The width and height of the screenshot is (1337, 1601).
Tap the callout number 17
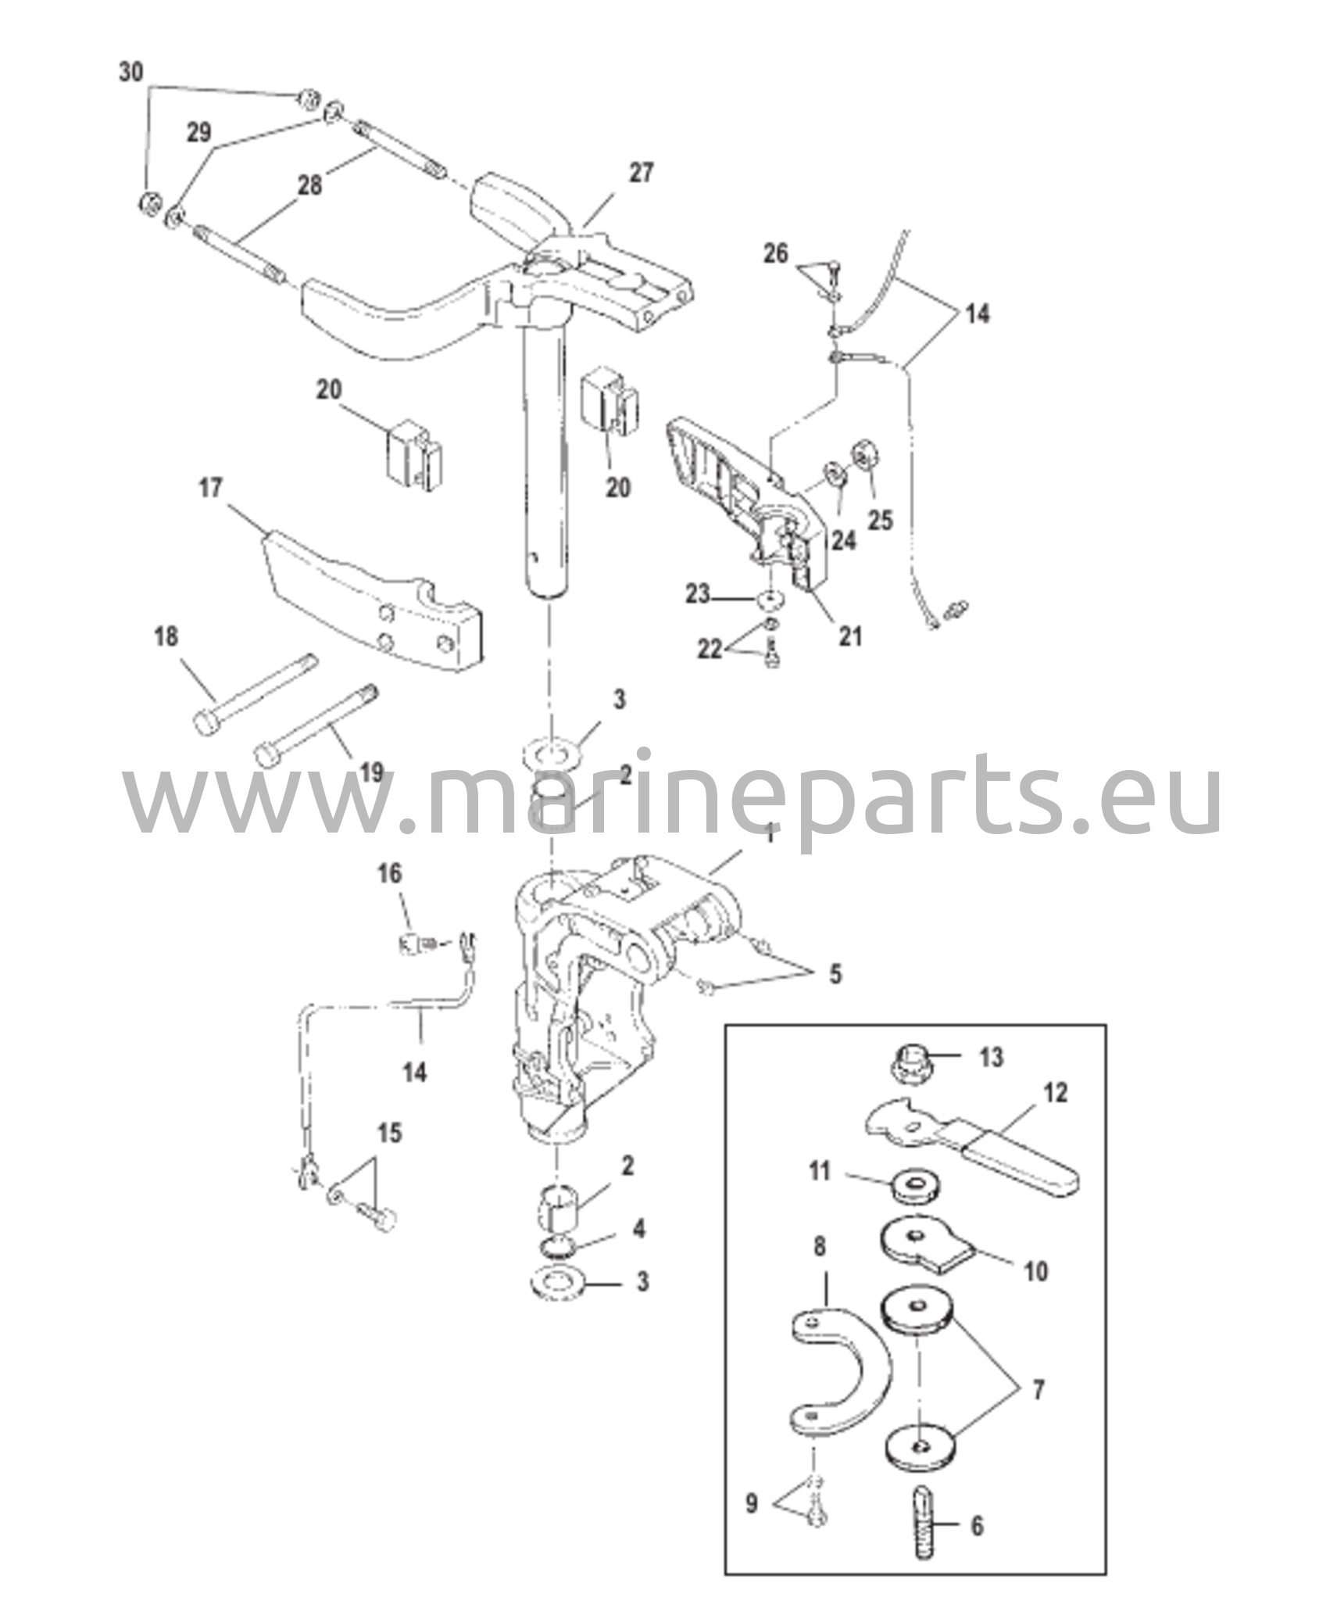coord(210,489)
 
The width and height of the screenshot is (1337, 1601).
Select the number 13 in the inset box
coord(991,1058)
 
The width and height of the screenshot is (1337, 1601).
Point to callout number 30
coord(131,72)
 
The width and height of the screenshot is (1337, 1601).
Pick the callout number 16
coord(390,873)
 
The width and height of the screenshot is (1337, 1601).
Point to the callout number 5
coord(835,974)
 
